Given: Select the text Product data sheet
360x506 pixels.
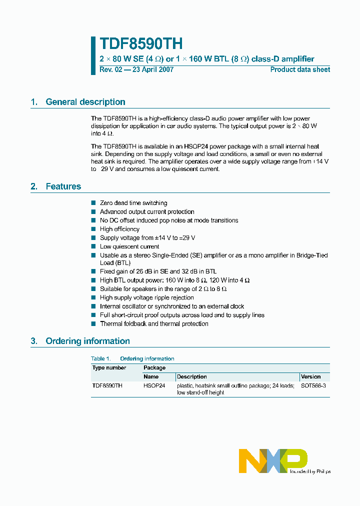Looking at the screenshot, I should point(300,69).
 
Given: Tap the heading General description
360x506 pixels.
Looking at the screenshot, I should point(85,102).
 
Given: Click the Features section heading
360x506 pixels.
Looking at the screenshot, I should point(63,186).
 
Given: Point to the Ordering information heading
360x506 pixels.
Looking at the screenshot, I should point(87,341).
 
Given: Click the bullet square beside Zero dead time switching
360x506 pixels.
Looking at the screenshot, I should point(93,203).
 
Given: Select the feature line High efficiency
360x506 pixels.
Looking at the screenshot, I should point(119,229).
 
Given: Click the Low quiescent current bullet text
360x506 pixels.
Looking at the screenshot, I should point(129,246).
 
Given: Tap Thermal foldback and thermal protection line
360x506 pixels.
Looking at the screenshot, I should point(154,324).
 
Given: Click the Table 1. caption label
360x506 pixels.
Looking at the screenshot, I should point(101,358).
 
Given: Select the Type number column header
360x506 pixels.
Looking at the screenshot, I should point(109,367).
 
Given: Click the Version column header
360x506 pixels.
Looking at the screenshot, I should point(310,376).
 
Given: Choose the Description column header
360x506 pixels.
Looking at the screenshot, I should point(191,376).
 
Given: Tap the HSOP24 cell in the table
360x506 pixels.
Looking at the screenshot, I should point(154,385).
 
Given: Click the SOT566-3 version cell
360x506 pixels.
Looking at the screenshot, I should point(313,385).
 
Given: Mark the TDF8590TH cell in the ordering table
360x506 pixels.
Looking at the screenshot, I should point(107,385).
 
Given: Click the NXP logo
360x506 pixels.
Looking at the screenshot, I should point(273,460).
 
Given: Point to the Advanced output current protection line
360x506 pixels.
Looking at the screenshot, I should point(147,212).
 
